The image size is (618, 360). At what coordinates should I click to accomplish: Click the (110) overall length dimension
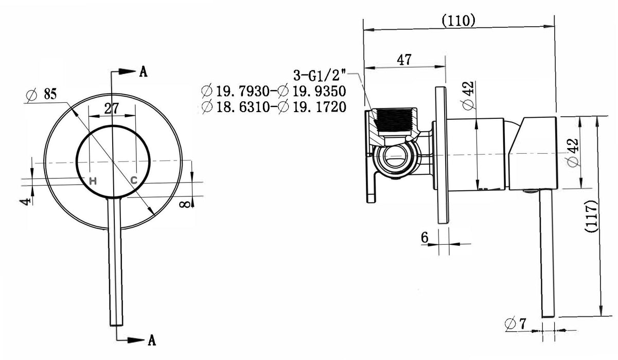(x=458, y=21)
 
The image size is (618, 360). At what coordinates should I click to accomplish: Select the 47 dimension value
(x=404, y=60)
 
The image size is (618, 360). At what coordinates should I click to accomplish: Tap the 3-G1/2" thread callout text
(x=320, y=75)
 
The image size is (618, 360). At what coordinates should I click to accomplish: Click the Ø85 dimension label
(x=41, y=94)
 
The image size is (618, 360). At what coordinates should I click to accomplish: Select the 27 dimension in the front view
(x=112, y=109)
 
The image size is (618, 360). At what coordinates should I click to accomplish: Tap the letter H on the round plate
(x=93, y=181)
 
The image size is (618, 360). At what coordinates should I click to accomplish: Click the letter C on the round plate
(x=134, y=181)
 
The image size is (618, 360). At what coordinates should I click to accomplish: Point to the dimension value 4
(x=26, y=201)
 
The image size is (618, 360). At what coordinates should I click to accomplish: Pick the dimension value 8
(x=185, y=204)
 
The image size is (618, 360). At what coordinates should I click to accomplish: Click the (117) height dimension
(x=591, y=217)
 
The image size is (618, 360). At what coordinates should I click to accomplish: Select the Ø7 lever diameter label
(x=516, y=323)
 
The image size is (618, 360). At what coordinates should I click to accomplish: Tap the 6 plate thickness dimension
(x=425, y=237)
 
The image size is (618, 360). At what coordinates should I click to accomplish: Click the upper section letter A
(x=143, y=71)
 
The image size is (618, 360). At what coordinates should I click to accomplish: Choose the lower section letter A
(x=152, y=340)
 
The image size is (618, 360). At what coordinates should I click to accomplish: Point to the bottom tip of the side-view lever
(x=548, y=317)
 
